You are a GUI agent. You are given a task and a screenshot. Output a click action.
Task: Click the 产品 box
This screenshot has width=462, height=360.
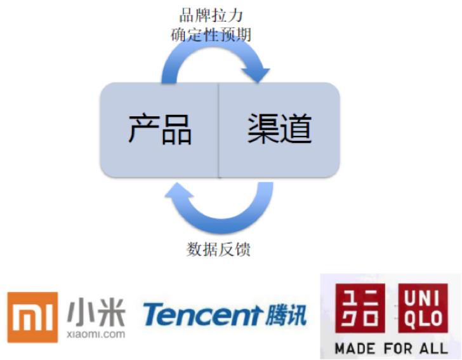[x=159, y=130]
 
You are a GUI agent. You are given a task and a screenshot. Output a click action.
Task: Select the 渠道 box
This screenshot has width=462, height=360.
[x=279, y=130]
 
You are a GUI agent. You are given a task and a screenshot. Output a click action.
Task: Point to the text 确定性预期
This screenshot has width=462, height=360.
[x=211, y=34]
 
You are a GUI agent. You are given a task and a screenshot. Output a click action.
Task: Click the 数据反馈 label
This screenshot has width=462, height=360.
[x=218, y=250]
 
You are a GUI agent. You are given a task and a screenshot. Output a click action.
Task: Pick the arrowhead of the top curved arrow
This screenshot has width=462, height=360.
[x=260, y=76]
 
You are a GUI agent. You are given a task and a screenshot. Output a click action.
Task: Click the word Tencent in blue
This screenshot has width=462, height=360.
[x=202, y=315]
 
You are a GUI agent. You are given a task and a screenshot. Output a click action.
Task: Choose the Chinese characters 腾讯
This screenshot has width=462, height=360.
[x=284, y=315]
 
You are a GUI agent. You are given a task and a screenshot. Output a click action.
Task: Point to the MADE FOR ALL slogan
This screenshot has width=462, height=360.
[x=390, y=348]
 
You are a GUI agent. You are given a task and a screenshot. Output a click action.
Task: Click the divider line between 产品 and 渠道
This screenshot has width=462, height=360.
[x=219, y=130]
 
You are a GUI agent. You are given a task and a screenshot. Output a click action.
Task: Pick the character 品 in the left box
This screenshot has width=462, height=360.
[x=176, y=130]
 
